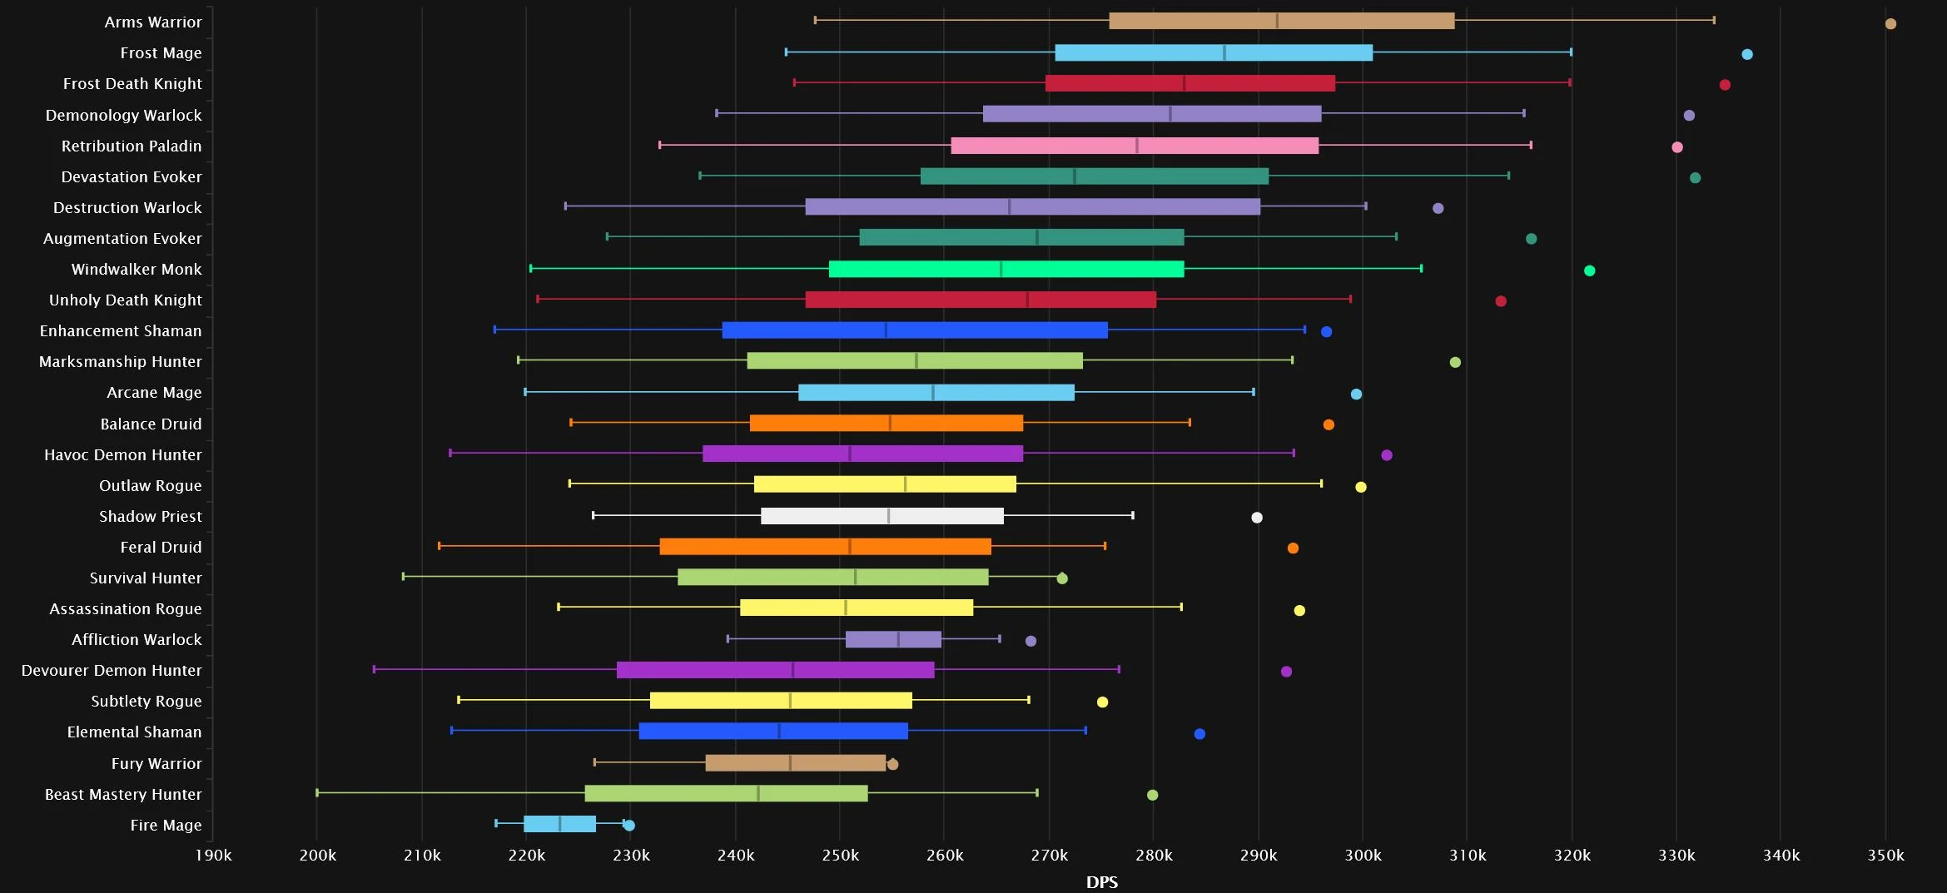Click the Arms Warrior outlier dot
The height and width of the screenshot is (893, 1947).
pos(1890,23)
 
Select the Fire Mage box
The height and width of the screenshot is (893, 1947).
pos(559,824)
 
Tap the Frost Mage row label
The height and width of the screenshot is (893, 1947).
pos(161,53)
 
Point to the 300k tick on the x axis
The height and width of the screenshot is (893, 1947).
pos(1363,856)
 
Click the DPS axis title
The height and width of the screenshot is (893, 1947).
pos(1102,882)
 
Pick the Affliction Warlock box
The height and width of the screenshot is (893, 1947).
pos(893,639)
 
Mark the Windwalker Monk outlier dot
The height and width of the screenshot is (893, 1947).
pos(1589,270)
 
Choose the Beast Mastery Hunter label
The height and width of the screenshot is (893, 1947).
pos(123,795)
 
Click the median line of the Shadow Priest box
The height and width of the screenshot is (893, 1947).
pos(888,516)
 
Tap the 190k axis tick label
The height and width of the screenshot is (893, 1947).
pos(213,856)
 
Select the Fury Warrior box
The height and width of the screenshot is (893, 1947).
pos(796,763)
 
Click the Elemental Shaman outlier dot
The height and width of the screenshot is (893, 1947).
pos(1199,734)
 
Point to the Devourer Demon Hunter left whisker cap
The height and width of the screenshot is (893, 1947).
pos(375,669)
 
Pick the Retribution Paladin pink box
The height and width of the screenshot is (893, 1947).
pos(1135,146)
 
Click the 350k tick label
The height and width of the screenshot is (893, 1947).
pos(1885,856)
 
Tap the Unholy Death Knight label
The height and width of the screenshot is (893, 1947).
pos(126,300)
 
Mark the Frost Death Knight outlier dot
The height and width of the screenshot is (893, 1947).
pos(1725,85)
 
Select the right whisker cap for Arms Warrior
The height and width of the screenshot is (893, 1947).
pos(1714,20)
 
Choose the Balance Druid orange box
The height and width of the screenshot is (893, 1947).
pos(887,423)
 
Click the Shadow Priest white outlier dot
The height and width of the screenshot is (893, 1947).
pos(1257,518)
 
